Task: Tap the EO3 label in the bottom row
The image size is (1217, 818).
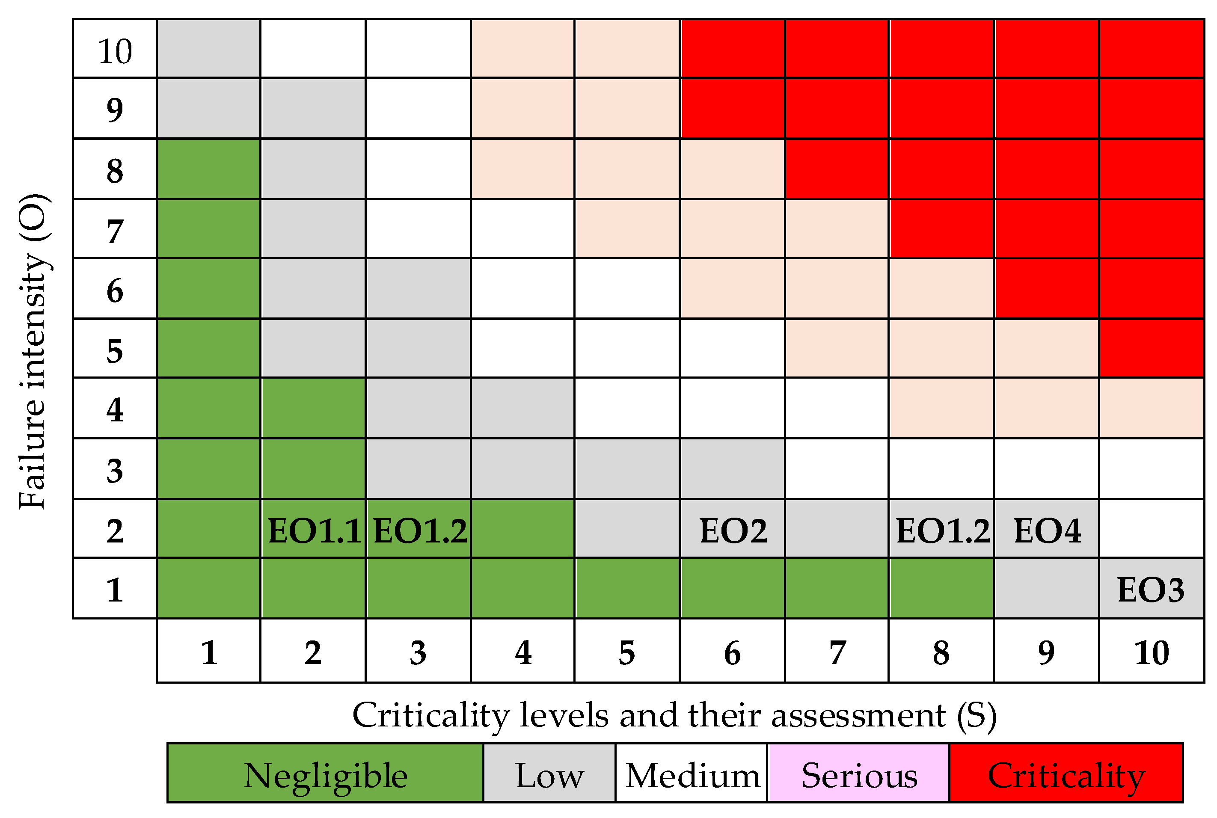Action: [x=1151, y=590]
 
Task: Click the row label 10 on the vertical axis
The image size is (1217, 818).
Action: [x=115, y=50]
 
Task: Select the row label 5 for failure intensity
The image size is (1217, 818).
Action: [x=115, y=350]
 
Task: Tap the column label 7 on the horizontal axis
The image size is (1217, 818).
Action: [x=837, y=652]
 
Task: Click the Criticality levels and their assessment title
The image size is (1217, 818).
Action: [x=674, y=715]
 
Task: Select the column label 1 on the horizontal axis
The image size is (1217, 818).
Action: [x=209, y=652]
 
